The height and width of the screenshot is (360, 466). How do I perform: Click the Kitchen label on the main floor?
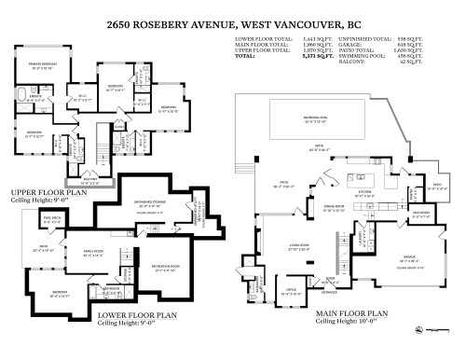(341, 195)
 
